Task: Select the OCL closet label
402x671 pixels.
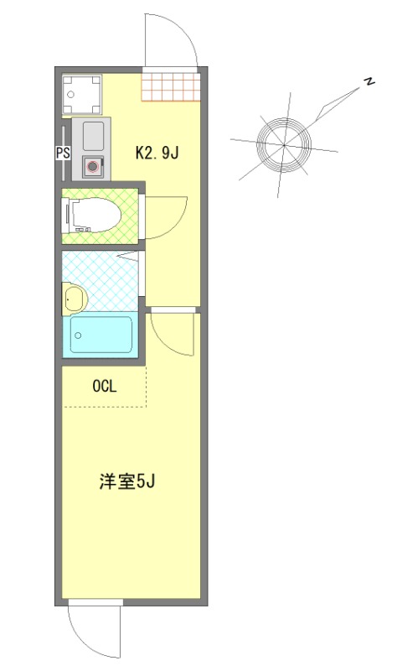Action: [104, 387]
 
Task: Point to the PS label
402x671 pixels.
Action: [62, 153]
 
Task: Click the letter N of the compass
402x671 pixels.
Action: [368, 81]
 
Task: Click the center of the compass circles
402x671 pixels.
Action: [284, 145]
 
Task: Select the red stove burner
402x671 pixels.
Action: [93, 166]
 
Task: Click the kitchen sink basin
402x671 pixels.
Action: [91, 134]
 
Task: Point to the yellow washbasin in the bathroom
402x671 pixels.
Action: [74, 297]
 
